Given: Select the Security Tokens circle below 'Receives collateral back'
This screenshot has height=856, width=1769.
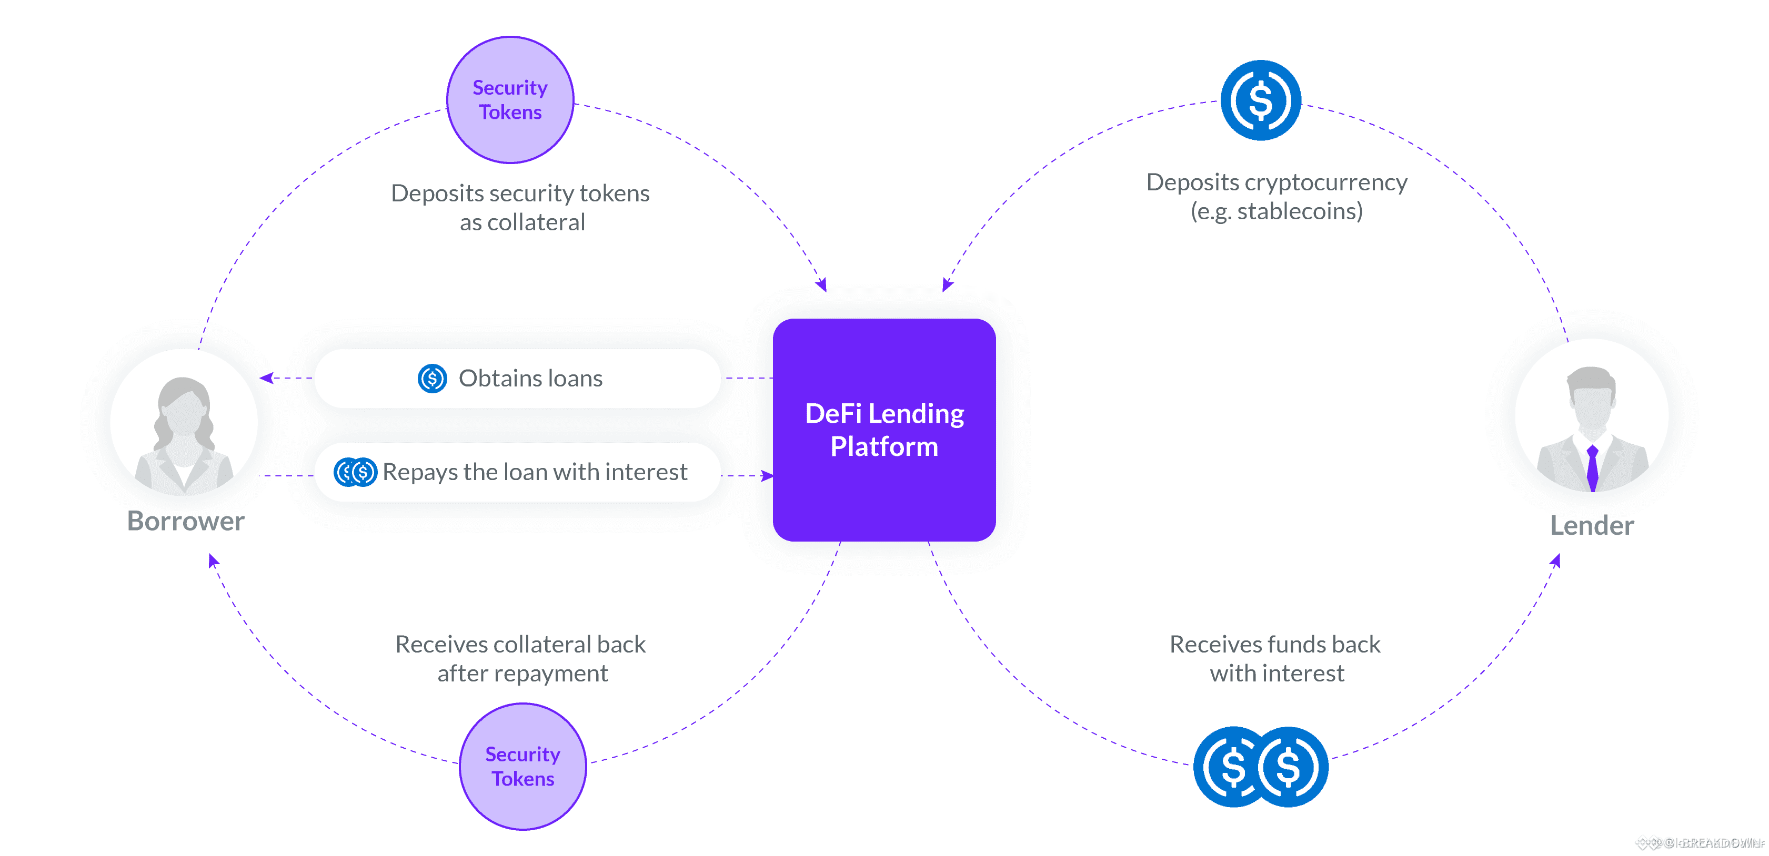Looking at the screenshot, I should [x=522, y=766].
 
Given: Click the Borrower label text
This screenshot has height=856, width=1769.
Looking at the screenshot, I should [x=185, y=521].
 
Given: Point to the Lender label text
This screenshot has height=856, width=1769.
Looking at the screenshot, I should [x=1592, y=525].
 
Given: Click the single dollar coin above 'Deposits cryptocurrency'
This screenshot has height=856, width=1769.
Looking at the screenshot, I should [x=1260, y=100].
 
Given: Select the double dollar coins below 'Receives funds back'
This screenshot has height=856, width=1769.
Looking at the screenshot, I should [x=1261, y=767].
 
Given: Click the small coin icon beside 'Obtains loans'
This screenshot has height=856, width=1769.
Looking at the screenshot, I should [x=432, y=378].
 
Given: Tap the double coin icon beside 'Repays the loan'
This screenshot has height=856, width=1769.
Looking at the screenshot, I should [x=355, y=472].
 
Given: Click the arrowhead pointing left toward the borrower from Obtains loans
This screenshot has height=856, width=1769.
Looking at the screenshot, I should [x=266, y=378].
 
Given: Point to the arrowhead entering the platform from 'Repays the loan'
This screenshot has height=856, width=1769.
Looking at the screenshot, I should [x=767, y=476].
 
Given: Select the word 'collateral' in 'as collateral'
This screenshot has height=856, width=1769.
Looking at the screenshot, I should [x=536, y=222].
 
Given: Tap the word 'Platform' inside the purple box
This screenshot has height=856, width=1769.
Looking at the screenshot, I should [x=884, y=447].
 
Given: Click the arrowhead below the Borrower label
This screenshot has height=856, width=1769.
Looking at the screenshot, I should [x=213, y=561].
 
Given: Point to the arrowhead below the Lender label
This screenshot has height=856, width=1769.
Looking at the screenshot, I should [x=1556, y=561].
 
